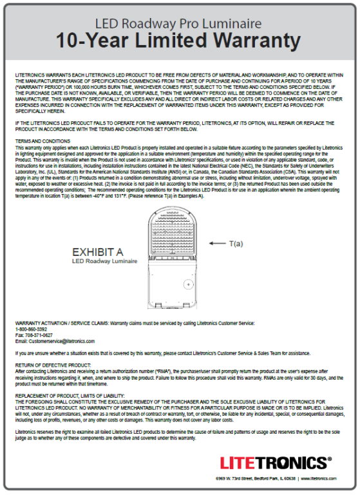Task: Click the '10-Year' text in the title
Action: click(x=94, y=41)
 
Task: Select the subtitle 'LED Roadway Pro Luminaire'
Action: click(x=180, y=24)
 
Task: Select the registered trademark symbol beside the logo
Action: click(x=330, y=459)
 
